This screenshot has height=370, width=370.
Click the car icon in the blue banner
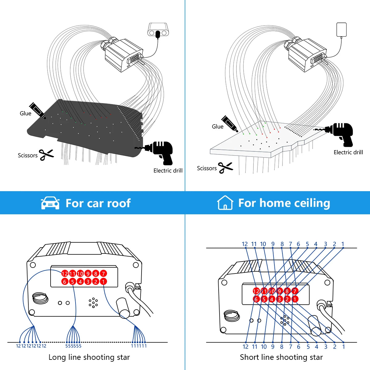tap(50, 203)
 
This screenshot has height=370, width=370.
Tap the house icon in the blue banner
tap(225, 203)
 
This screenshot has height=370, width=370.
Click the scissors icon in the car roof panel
tap(46, 154)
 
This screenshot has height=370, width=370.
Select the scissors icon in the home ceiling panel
tap(225, 167)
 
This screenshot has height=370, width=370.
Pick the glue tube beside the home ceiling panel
tap(230, 124)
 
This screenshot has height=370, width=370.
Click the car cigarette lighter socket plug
tap(158, 31)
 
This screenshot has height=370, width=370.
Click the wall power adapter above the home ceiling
tap(341, 29)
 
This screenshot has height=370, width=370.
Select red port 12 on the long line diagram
tap(64, 273)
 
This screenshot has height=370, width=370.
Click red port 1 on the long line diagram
tap(103, 281)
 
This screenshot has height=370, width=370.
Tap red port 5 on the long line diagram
tap(72, 281)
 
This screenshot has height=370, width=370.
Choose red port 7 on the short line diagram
tap(295, 291)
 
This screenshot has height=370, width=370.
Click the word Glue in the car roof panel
tap(25, 113)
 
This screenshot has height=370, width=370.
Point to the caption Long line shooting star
tap(89, 357)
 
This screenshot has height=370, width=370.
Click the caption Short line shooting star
tap(281, 357)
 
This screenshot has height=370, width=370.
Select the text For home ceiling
tap(284, 203)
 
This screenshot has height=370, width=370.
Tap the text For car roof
tap(98, 203)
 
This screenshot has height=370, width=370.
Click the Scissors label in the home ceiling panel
tap(207, 168)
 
